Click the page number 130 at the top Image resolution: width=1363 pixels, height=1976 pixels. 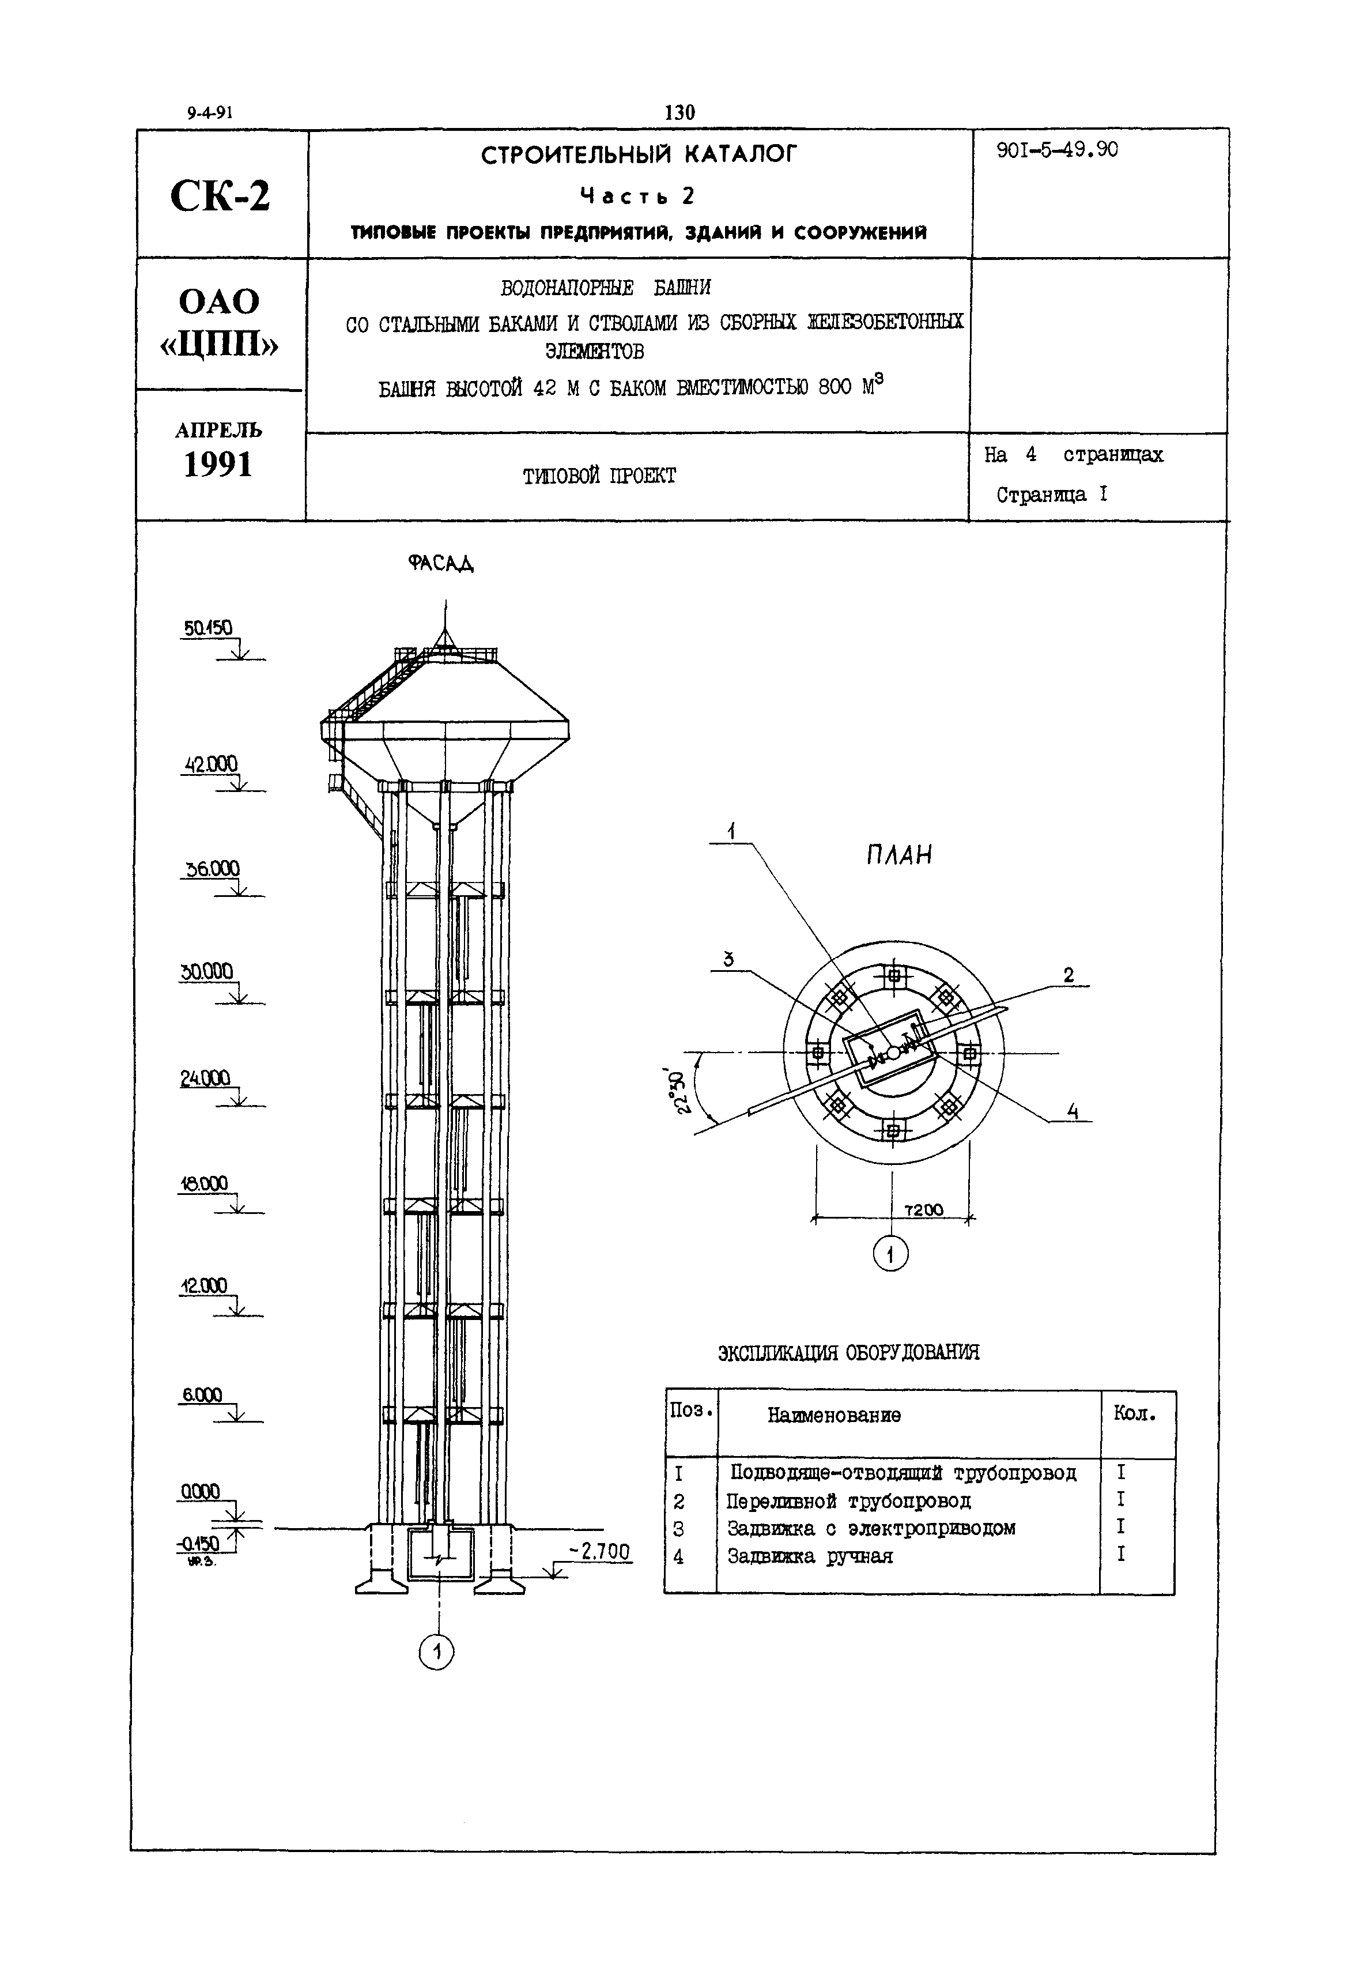pos(680,112)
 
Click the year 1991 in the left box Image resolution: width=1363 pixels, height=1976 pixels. pos(218,465)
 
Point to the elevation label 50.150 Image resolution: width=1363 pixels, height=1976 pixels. pos(207,628)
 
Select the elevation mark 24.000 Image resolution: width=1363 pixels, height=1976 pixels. pos(205,1078)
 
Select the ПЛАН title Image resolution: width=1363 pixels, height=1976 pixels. pos(898,855)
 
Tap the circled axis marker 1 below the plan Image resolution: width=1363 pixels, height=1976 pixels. pos(891,1254)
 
